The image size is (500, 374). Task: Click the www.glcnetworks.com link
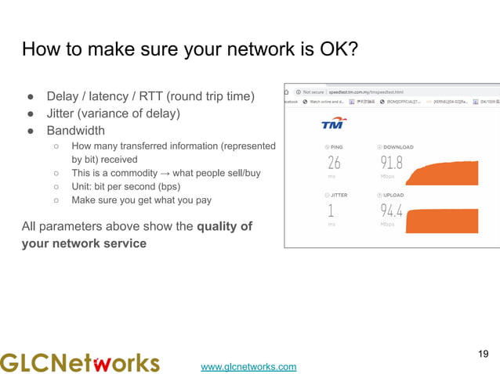pyautogui.click(x=248, y=366)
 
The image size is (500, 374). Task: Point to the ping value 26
pyautogui.click(x=334, y=164)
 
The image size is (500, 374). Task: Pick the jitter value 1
pyautogui.click(x=331, y=210)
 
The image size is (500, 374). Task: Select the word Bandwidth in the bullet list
pyautogui.click(x=75, y=130)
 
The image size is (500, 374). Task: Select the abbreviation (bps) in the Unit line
pyautogui.click(x=165, y=186)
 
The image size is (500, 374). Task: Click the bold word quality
pyautogui.click(x=219, y=227)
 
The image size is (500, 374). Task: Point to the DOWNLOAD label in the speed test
pyautogui.click(x=398, y=147)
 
